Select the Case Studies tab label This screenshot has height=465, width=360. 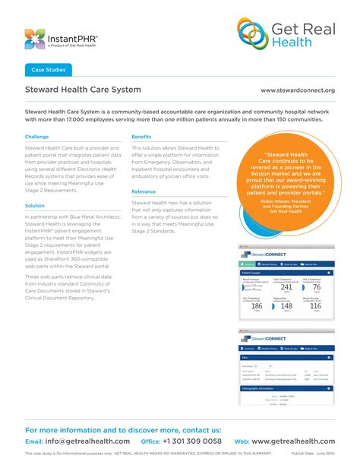click(x=48, y=70)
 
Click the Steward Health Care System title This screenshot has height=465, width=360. click(x=83, y=90)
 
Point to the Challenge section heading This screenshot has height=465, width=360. click(x=36, y=137)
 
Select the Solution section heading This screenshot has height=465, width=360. click(x=35, y=205)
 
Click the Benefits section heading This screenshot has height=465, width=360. click(x=141, y=137)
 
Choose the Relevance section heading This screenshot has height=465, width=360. click(x=144, y=192)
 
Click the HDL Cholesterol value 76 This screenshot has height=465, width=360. click(x=317, y=287)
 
